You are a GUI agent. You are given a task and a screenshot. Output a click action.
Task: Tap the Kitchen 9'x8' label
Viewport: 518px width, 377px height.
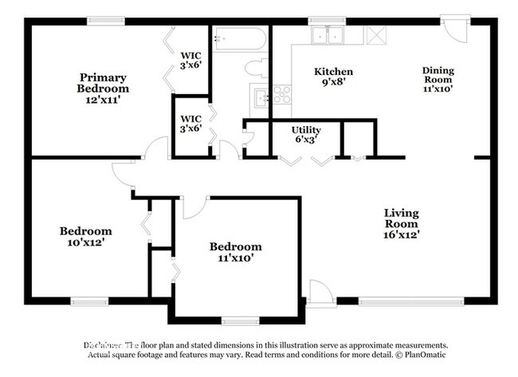[x=333, y=77]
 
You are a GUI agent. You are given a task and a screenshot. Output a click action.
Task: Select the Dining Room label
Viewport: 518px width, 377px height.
[x=437, y=80]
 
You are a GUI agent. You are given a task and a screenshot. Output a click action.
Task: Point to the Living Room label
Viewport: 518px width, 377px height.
[x=402, y=223]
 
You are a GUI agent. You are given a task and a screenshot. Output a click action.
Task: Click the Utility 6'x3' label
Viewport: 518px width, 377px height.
[x=306, y=133]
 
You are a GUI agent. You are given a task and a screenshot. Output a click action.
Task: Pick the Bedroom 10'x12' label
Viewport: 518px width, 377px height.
[x=85, y=237]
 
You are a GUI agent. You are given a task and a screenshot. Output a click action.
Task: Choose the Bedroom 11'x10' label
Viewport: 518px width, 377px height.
[x=235, y=252]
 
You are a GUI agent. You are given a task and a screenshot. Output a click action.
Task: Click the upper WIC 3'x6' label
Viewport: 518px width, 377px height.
[x=190, y=61]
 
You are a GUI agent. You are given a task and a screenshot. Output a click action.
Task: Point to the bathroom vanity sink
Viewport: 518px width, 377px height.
[x=260, y=98]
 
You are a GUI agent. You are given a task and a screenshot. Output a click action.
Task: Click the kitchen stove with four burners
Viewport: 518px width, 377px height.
[x=281, y=95]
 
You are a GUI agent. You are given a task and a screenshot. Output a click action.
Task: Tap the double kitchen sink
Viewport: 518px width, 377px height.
[x=327, y=35]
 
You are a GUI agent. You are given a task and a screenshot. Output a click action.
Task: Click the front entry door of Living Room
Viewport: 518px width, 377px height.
[x=320, y=293]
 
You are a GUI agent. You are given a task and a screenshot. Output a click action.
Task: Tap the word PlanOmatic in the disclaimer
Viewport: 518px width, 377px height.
[x=426, y=354]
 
